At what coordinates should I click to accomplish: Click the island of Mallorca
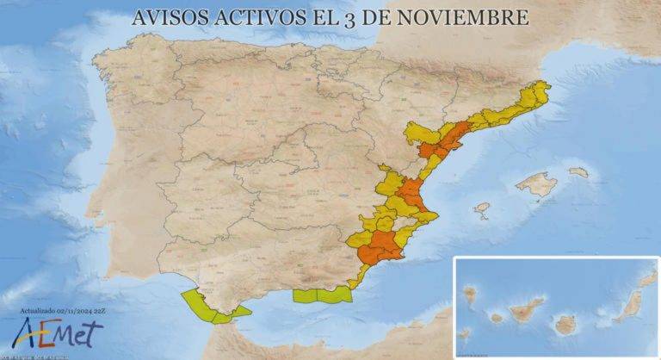pyautogui.click(x=537, y=183)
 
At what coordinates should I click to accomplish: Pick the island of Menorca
pyautogui.click(x=578, y=172)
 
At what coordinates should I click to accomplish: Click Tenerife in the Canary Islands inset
pyautogui.click(x=526, y=308)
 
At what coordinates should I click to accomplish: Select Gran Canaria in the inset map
pyautogui.click(x=565, y=324)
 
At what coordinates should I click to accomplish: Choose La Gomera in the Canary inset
pyautogui.click(x=497, y=317)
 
